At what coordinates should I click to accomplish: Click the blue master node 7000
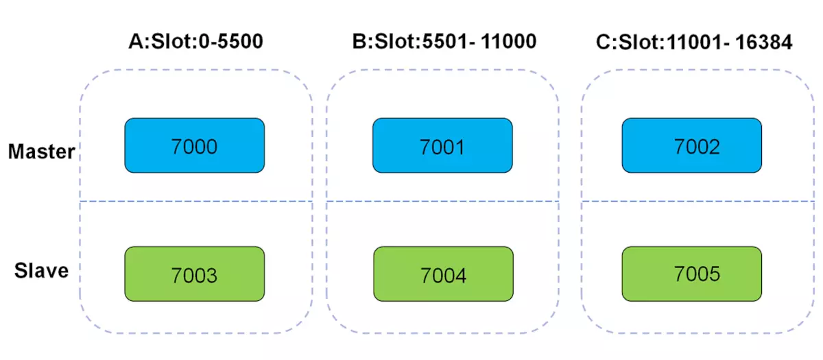click(x=194, y=145)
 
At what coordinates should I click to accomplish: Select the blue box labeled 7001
click(x=442, y=145)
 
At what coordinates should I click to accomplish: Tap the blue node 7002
click(x=692, y=145)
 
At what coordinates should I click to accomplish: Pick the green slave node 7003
click(x=194, y=274)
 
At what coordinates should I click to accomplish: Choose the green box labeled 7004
click(x=444, y=274)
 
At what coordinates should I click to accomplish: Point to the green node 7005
click(x=692, y=274)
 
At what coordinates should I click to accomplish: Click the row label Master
click(x=42, y=152)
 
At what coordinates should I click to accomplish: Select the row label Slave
click(x=42, y=271)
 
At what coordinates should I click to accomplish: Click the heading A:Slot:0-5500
click(x=196, y=41)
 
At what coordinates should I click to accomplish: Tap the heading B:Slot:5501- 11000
click(x=444, y=41)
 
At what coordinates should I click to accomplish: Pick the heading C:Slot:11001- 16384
click(x=694, y=43)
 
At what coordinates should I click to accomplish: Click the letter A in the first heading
click(x=136, y=41)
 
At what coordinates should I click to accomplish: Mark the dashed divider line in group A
click(x=196, y=202)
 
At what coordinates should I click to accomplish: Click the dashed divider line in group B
click(x=443, y=202)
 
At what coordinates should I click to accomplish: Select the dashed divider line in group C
click(x=697, y=202)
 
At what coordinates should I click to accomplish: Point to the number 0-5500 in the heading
click(x=231, y=41)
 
